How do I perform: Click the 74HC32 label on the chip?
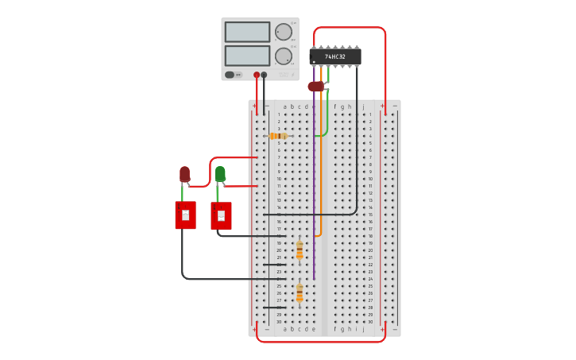[x=334, y=56]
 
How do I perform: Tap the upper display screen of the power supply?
[x=247, y=32]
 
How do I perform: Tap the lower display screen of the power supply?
[x=247, y=56]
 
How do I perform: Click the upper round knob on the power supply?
[x=283, y=32]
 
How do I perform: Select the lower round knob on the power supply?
[x=283, y=56]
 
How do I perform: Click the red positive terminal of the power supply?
[x=257, y=75]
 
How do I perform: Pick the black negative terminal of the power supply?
[x=264, y=75]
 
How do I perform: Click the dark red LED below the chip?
[x=315, y=86]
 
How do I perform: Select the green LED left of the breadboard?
[x=220, y=173]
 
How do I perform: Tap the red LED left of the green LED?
[x=184, y=173]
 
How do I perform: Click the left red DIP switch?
[x=185, y=215]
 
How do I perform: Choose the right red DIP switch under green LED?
[x=221, y=215]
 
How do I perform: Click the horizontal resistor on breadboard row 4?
[x=278, y=136]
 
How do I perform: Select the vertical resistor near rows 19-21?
[x=300, y=250]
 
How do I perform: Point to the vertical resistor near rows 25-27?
[x=300, y=293]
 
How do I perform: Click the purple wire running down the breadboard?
[x=314, y=199]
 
